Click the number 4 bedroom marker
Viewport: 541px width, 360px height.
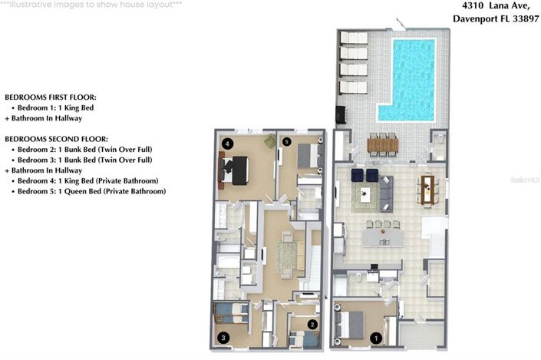coord(226,144)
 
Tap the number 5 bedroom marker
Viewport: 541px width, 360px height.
coord(287,142)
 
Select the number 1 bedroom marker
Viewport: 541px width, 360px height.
coord(376,336)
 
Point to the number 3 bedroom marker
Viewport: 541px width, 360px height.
coord(223,337)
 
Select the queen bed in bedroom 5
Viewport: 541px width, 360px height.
coord(309,157)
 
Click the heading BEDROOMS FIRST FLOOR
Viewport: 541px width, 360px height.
coord(51,98)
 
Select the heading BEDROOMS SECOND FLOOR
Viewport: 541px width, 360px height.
coord(56,138)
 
